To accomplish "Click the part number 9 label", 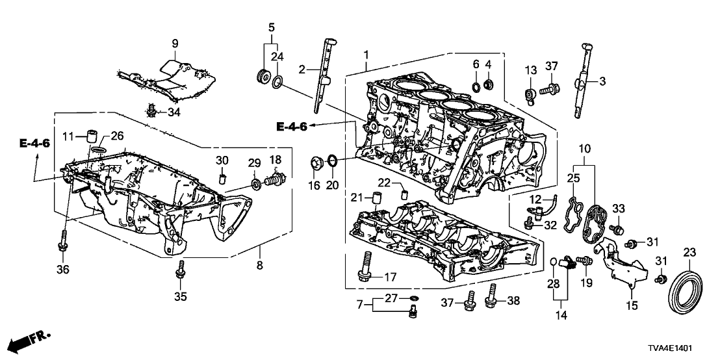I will [174, 43].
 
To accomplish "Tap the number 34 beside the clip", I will [174, 113].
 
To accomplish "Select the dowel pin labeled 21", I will [374, 198].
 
